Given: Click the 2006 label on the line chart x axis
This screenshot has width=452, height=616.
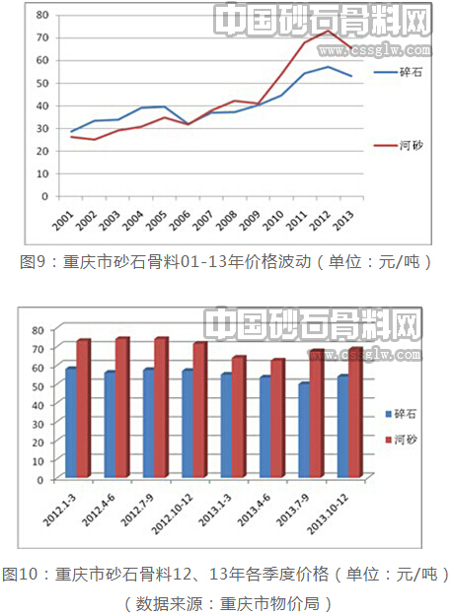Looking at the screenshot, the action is tap(180, 219).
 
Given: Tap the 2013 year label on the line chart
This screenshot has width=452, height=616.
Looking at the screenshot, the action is tap(343, 219).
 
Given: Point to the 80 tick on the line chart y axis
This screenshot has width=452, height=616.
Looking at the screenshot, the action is tap(42, 15).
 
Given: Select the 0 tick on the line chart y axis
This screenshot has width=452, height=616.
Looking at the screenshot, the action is tap(44, 196).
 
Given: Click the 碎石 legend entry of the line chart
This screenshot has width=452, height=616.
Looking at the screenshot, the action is tap(398, 72).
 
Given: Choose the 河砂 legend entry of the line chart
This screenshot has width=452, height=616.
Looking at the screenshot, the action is tap(398, 145).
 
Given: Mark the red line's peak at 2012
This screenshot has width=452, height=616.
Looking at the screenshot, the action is tap(328, 31).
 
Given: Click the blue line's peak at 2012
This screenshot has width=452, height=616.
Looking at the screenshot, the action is tap(328, 67).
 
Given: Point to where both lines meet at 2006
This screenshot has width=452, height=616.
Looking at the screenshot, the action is tap(188, 124).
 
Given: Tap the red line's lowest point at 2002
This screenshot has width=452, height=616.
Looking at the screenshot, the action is tap(95, 140).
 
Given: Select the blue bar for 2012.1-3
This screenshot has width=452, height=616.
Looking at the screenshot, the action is tap(71, 423).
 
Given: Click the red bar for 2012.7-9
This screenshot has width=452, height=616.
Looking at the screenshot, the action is tap(161, 407).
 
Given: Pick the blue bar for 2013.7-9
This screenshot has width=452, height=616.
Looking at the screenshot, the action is tap(304, 430).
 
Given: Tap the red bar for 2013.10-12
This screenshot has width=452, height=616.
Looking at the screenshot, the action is tap(355, 413).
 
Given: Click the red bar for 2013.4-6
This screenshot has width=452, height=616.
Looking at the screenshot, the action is tap(277, 419).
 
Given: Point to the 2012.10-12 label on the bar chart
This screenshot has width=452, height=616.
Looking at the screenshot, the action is tap(173, 513).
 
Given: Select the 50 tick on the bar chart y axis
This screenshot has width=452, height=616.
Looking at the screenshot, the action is tap(38, 386).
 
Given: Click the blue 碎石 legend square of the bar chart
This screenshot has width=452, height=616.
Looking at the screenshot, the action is tap(388, 414).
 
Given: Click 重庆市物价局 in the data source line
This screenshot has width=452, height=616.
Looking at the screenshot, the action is tap(268, 603).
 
